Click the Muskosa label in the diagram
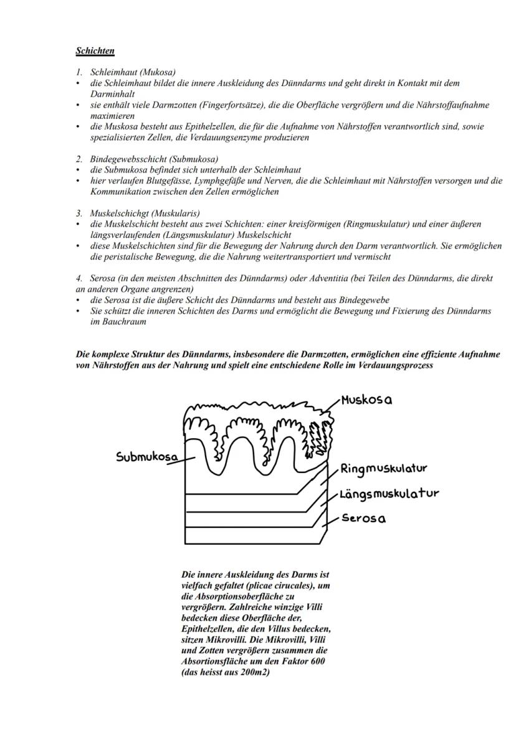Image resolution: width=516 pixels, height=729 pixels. point(366,400)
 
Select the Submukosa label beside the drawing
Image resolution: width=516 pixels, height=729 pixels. point(147,456)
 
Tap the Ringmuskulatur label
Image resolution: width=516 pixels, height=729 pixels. point(383,468)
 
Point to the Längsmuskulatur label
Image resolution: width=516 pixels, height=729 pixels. point(389,494)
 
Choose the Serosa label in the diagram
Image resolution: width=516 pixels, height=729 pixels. point(363,519)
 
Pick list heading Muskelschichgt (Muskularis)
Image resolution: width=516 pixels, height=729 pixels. point(145,214)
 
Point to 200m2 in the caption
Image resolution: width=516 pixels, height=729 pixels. point(256,672)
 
